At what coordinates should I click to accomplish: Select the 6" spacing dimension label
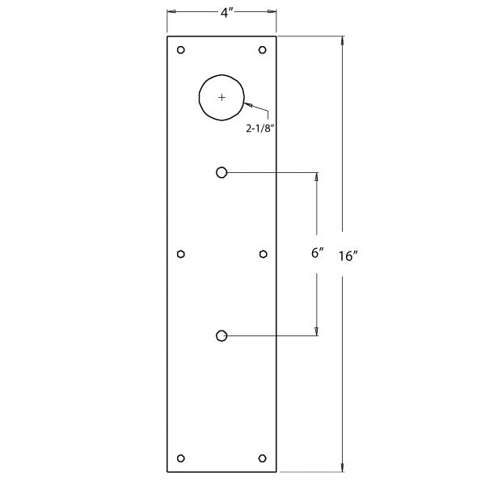317,252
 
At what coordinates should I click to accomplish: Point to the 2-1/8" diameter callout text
265,127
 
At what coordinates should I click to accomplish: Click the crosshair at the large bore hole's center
222,97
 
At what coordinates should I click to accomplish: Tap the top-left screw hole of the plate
181,50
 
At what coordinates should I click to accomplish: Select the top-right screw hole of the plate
263,50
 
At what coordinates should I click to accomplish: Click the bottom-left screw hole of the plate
181,458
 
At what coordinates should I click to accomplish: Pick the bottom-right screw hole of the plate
263,458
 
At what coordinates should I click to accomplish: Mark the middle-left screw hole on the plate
181,254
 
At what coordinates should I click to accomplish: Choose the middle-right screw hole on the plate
263,254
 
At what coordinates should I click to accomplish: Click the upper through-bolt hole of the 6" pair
221,171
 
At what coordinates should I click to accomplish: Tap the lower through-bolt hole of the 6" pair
221,335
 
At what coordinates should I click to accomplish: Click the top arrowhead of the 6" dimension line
317,177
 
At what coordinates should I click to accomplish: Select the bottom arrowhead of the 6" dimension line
317,330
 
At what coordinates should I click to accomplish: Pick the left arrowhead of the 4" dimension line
171,11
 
